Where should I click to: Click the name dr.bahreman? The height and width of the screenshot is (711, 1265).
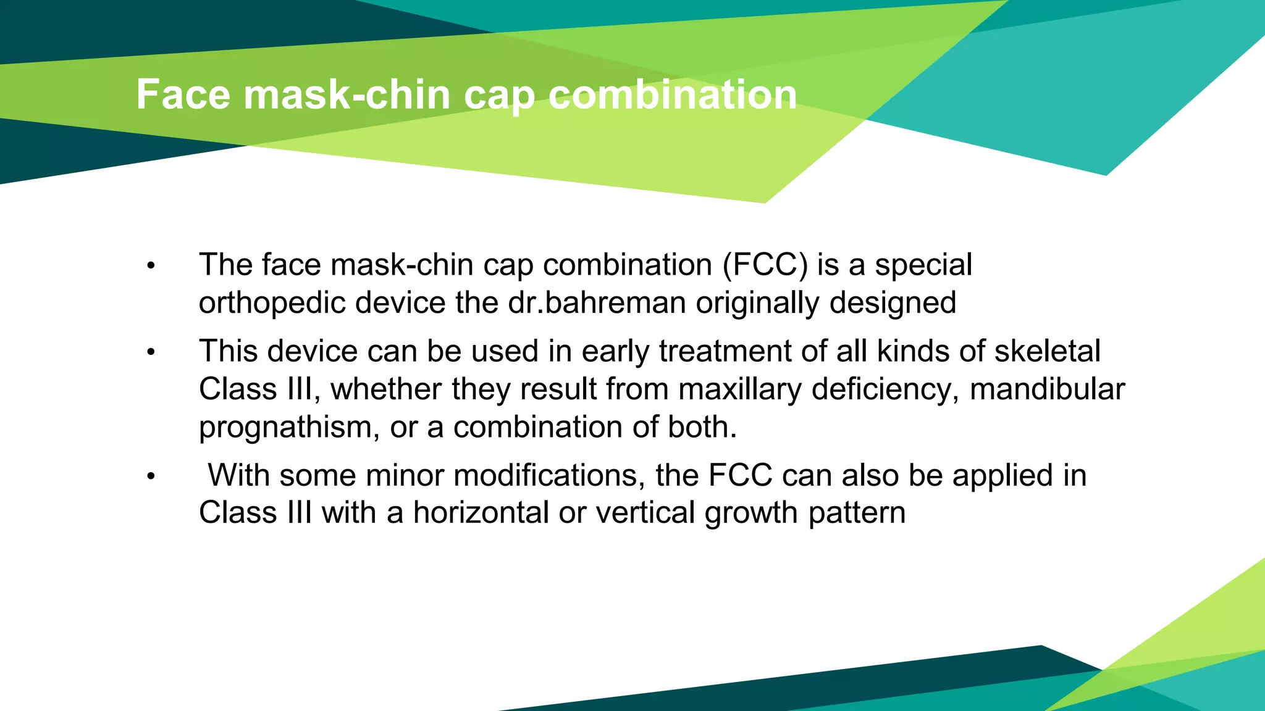pos(597,303)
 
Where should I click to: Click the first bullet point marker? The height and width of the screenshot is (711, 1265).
pos(151,267)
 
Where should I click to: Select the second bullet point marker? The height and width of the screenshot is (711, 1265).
pos(151,353)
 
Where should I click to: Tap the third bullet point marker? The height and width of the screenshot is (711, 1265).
pos(151,477)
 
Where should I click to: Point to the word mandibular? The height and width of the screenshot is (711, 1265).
pos(1047,389)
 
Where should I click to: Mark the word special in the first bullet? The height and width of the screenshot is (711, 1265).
pos(923,265)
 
